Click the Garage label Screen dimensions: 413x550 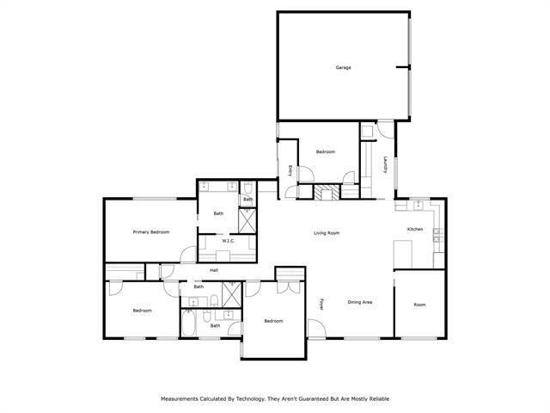(x=343, y=67)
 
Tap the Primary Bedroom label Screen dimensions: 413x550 (x=150, y=232)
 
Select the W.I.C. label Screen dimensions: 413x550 (x=229, y=241)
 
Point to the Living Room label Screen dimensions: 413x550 (x=327, y=232)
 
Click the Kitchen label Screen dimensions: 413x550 (x=415, y=229)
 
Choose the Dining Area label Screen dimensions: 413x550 (x=359, y=302)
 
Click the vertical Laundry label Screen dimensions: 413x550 (x=387, y=163)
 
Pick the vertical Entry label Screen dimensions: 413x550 (x=290, y=170)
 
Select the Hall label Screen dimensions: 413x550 (x=213, y=270)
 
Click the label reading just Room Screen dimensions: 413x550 (x=419, y=305)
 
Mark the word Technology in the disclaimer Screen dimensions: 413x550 (x=268, y=399)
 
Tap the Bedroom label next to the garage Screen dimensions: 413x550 (x=325, y=152)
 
